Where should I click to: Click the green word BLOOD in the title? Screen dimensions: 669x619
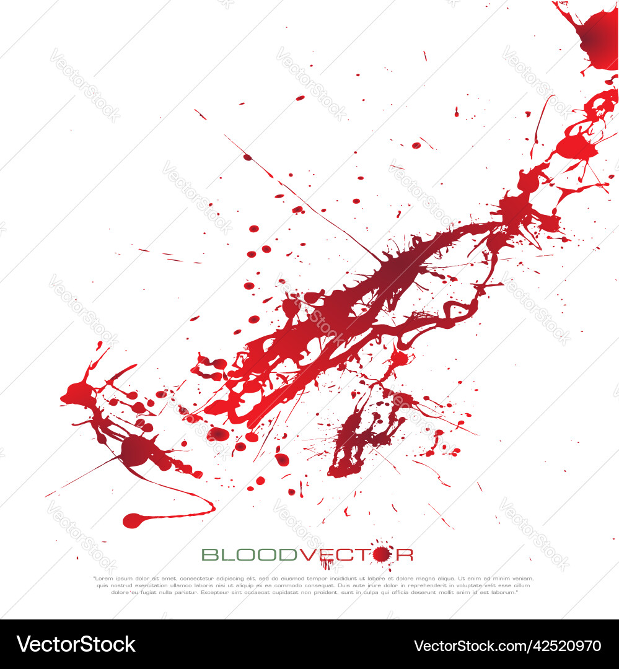250,554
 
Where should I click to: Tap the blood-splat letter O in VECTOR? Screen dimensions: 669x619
382,554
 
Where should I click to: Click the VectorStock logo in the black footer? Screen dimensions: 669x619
76,644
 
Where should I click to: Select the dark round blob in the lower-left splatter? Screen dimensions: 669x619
135,450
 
